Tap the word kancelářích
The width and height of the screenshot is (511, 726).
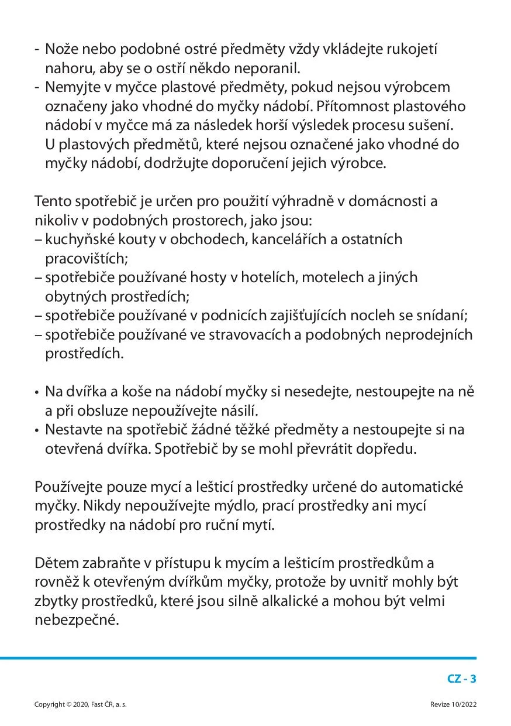click(296, 239)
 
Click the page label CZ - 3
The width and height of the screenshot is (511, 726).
click(462, 679)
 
